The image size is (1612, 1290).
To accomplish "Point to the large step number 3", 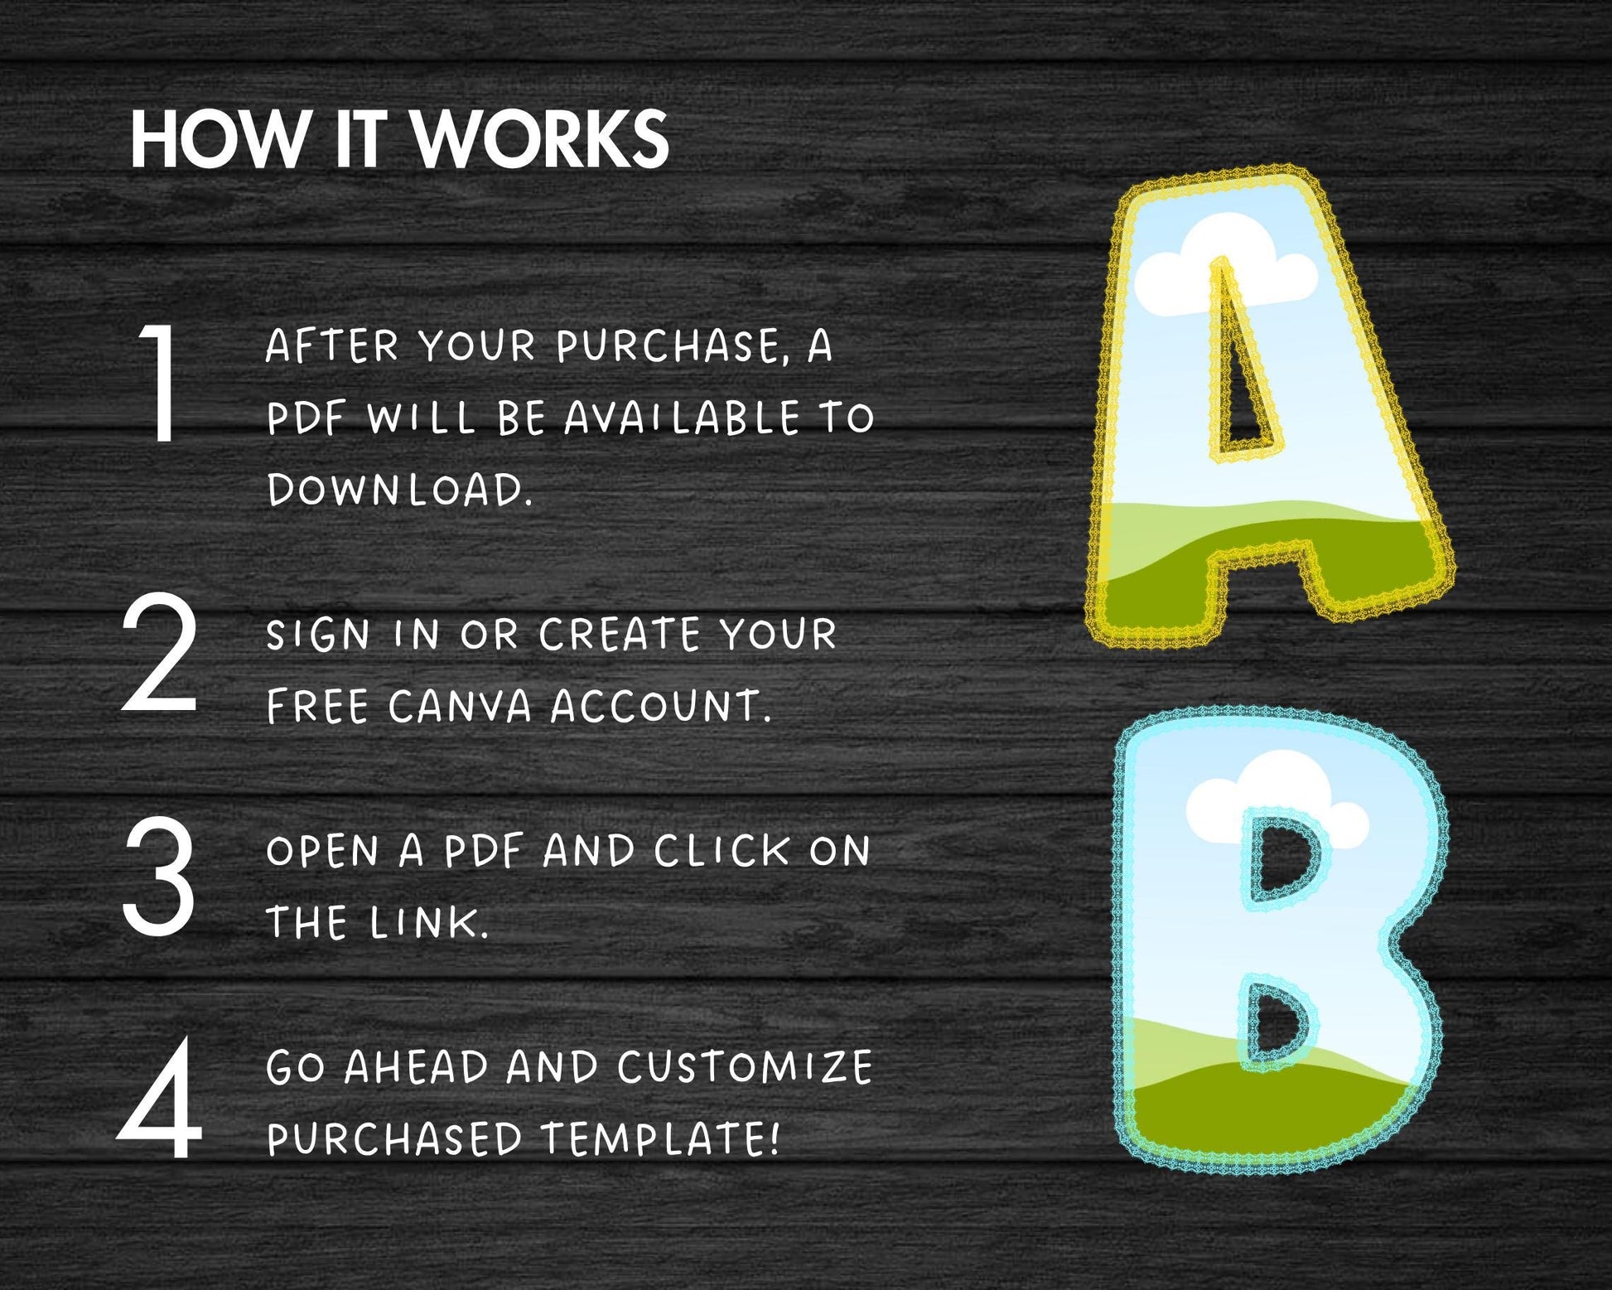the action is (159, 876).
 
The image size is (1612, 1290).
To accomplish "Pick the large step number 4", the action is (160, 1099).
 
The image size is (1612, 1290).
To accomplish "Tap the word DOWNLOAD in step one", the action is (399, 490).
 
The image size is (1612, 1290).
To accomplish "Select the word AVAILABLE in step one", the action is (683, 418).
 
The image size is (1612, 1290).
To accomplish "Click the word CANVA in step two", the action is (460, 707).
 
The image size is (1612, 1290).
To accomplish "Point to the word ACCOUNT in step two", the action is (661, 707).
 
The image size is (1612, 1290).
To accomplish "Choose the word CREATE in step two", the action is (620, 635).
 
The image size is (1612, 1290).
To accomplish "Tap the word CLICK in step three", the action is (722, 851).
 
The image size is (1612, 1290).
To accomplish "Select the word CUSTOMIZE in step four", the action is (745, 1067).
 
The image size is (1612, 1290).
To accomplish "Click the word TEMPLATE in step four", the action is (660, 1138).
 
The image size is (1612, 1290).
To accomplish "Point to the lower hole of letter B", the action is (1277, 1022).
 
